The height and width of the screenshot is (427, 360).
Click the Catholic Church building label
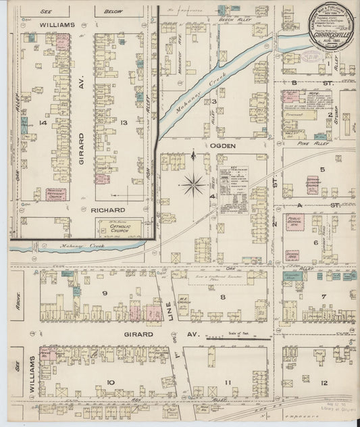(118, 228)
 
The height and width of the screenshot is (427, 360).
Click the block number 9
(105, 293)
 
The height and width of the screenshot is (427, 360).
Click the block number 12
(324, 383)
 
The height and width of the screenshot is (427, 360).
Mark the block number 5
(322, 170)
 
